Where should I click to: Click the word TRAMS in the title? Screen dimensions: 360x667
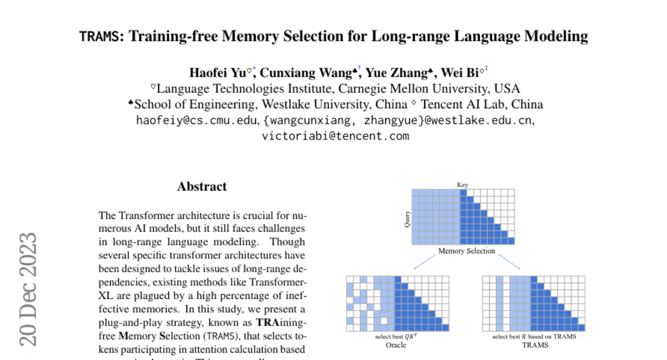point(98,37)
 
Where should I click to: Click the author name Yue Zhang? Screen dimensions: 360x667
point(396,73)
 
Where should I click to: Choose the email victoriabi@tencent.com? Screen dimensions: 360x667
point(336,136)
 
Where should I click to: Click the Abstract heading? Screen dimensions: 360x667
point(202,187)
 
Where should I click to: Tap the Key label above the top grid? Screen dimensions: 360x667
point(462,185)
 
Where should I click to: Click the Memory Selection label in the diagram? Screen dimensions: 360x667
point(466,251)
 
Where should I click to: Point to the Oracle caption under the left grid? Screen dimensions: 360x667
point(396,345)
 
